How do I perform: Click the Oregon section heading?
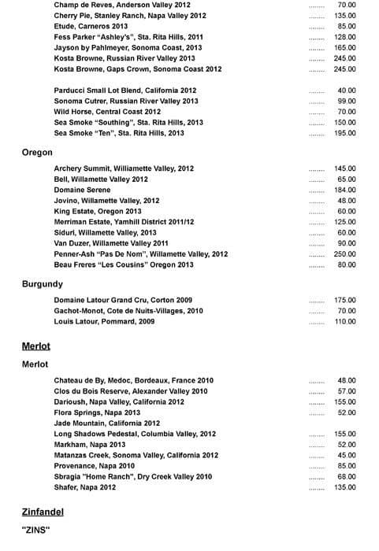37,152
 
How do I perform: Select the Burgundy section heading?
42,284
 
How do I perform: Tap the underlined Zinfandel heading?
43,512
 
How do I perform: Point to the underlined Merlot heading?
35,346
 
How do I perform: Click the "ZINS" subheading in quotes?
35,530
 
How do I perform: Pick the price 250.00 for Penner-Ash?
344,254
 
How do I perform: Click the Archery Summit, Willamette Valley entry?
124,168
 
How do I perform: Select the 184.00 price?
344,190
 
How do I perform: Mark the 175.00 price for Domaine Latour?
344,301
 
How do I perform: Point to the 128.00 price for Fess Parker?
344,37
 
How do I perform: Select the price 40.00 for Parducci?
347,91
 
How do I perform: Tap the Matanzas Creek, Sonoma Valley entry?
136,455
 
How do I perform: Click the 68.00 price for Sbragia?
347,476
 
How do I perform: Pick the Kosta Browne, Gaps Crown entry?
138,69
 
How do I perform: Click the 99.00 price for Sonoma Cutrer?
347,102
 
